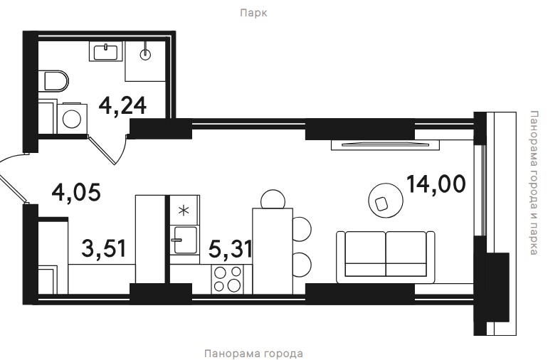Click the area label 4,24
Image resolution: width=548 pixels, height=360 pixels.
[122, 105]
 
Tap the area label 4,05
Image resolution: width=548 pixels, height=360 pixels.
[76, 193]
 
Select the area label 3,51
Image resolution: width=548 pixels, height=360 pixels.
[103, 248]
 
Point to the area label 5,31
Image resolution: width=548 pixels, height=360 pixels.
[230, 249]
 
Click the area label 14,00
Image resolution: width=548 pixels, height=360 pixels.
[436, 184]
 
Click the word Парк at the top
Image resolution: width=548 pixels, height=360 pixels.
[254, 13]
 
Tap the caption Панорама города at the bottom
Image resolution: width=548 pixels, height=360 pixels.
[253, 354]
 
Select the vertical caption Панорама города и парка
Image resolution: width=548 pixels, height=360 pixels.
[534, 183]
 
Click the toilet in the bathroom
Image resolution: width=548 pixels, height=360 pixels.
[53, 81]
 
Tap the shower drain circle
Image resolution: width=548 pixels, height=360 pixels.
[145, 54]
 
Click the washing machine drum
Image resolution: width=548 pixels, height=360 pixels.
[72, 119]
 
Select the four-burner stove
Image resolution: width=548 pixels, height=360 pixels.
[227, 279]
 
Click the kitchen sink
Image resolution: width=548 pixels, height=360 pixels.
[184, 240]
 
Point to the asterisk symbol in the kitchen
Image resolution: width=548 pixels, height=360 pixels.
[184, 211]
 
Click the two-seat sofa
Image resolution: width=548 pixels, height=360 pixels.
[386, 257]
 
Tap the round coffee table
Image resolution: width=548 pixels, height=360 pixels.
[386, 201]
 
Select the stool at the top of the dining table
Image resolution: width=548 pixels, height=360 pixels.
[273, 199]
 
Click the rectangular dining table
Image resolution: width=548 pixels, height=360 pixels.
[273, 251]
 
